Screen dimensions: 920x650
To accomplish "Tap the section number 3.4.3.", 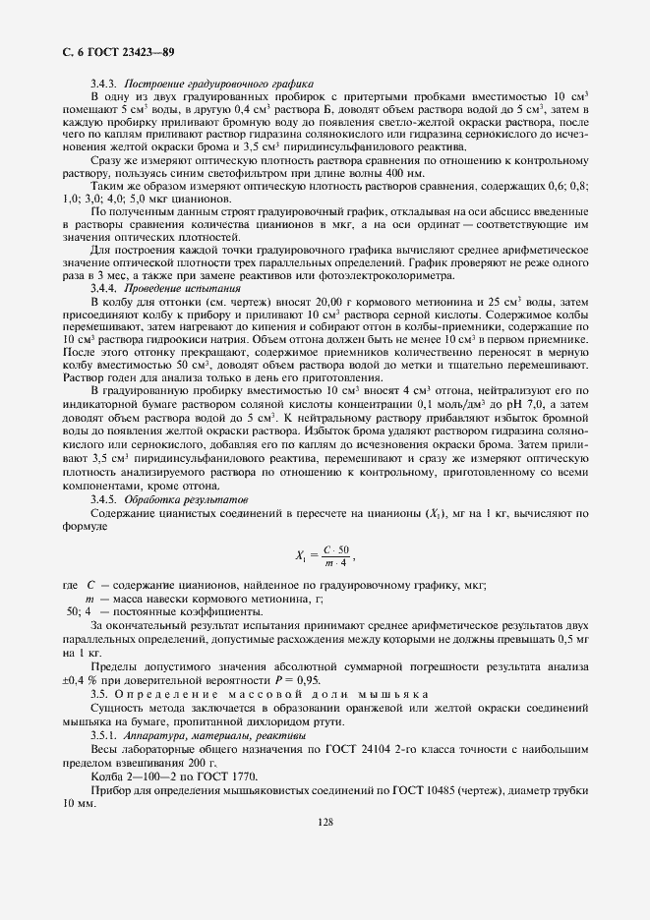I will click(105, 84).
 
